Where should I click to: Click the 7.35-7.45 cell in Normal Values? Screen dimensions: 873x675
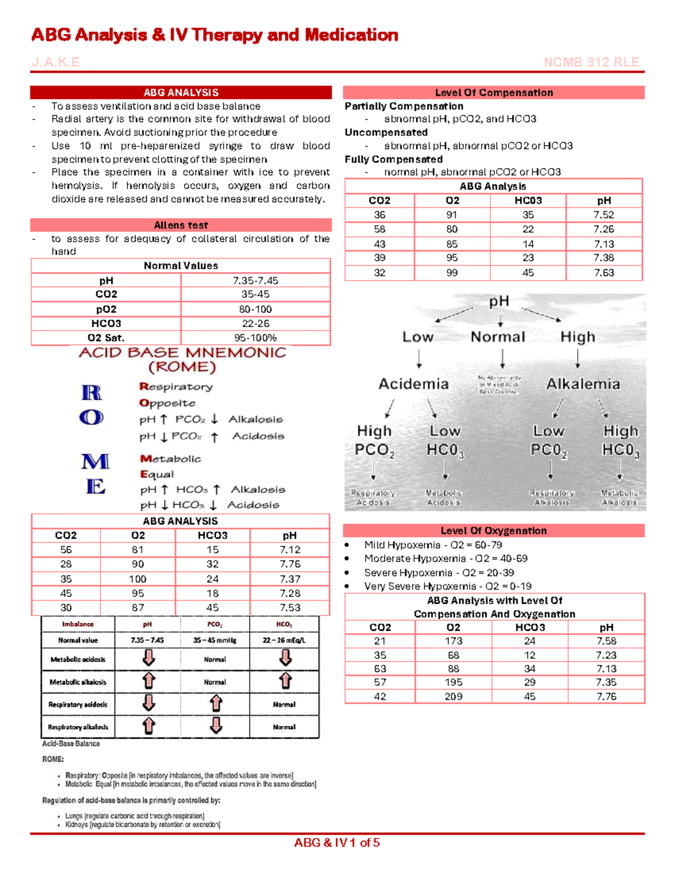[255, 281]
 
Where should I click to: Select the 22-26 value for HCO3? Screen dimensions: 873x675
[255, 323]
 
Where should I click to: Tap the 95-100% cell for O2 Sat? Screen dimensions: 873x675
[255, 338]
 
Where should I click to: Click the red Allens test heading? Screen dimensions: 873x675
[181, 225]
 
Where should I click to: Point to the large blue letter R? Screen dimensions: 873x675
[92, 392]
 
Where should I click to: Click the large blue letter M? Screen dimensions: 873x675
[95, 462]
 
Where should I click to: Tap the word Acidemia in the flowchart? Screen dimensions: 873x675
[413, 384]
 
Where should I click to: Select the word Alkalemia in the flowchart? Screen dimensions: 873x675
[583, 384]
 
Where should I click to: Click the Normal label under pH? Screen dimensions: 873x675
[498, 337]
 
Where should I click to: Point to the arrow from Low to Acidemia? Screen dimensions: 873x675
[419, 358]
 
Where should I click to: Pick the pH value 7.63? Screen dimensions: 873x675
[604, 273]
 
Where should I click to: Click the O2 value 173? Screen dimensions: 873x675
[453, 641]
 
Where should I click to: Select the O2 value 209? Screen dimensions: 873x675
[453, 696]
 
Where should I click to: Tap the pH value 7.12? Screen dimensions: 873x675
[290, 550]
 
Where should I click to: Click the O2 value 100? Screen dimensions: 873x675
[138, 579]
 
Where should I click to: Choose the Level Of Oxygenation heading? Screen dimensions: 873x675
[493, 531]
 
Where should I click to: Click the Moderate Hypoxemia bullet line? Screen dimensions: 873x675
[445, 558]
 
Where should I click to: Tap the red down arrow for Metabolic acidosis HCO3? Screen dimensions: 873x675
[285, 658]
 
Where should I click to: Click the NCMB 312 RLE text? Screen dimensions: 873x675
[591, 62]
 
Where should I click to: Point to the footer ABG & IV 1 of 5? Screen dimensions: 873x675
[337, 843]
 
